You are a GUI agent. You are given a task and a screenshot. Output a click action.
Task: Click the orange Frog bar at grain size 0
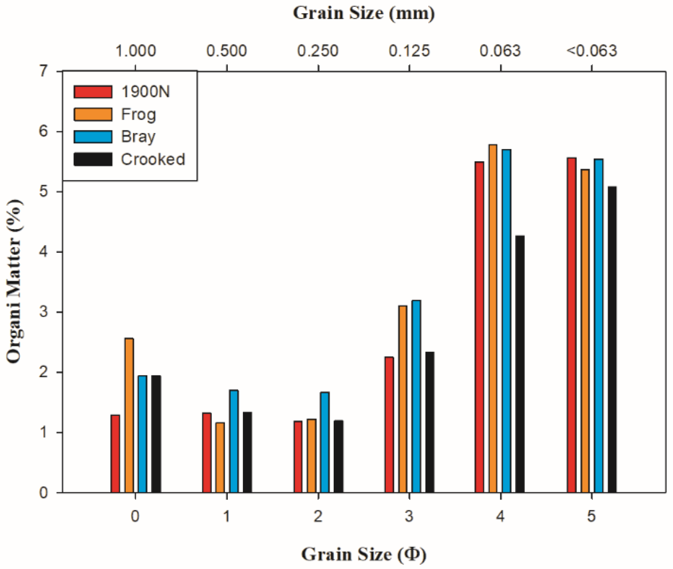129,416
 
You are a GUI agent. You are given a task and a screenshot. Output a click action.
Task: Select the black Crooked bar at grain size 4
520,364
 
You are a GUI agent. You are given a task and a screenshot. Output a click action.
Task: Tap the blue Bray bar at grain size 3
416,396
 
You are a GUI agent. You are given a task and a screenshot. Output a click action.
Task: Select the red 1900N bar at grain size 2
298,457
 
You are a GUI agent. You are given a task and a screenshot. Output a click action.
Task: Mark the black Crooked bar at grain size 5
612,339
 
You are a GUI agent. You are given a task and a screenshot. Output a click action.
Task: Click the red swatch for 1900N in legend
93,92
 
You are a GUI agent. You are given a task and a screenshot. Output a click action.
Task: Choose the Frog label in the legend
138,114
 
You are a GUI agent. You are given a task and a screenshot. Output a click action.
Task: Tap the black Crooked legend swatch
93,159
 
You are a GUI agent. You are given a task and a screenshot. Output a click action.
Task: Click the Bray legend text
138,137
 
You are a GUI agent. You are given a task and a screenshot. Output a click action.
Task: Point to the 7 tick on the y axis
44,71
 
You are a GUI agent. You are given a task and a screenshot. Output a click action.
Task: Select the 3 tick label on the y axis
44,312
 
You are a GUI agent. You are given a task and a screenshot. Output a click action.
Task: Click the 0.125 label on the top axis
409,51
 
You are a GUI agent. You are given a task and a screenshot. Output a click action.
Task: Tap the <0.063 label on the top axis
591,51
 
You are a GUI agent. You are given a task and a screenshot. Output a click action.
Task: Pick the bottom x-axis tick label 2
318,516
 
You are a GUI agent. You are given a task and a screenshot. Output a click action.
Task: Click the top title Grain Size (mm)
364,13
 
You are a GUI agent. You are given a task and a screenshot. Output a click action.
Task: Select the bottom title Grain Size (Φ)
364,554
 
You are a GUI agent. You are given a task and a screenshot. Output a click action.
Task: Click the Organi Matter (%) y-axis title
14,282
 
